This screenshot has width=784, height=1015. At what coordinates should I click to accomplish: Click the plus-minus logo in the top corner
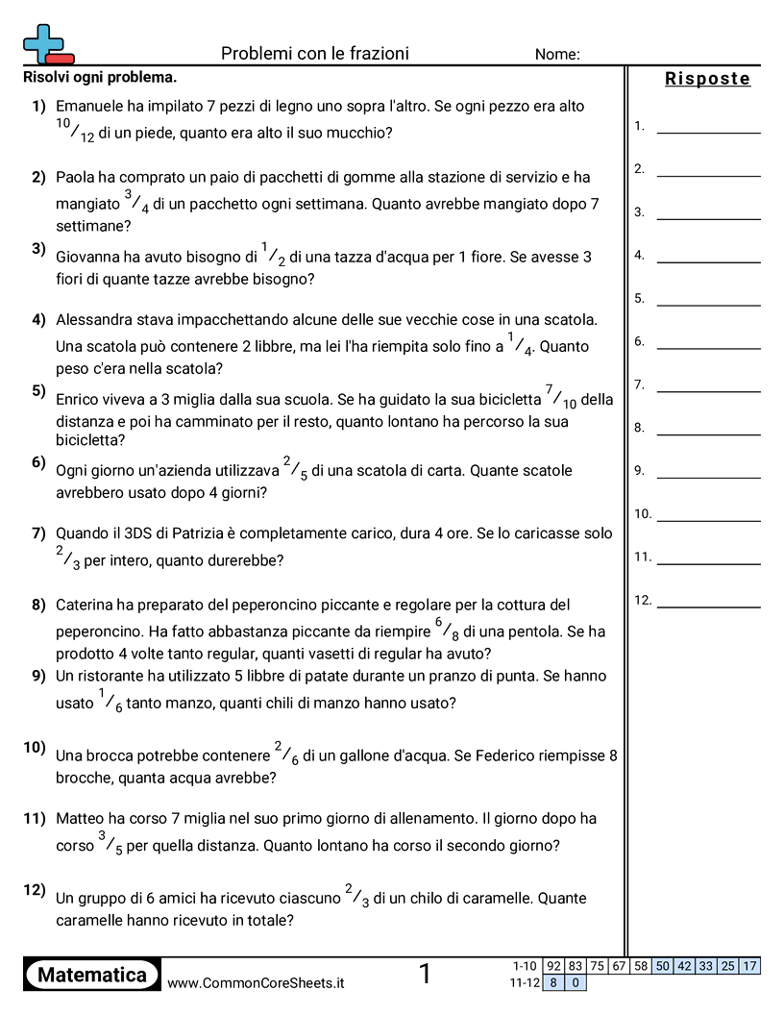coord(47,44)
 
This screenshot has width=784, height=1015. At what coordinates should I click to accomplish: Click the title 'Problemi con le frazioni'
coord(315,53)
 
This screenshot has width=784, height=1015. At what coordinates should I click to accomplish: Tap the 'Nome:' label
coord(557,55)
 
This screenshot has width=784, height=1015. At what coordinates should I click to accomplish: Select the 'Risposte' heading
coord(708,79)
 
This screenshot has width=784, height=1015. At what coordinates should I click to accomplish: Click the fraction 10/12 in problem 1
coord(75,131)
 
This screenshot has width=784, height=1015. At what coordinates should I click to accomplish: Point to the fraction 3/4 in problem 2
coord(135,200)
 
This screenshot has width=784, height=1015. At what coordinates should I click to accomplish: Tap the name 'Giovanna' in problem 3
coord(86,257)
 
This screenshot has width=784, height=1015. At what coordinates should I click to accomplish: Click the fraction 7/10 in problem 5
coord(561,397)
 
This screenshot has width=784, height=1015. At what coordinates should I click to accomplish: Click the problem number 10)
coord(35,747)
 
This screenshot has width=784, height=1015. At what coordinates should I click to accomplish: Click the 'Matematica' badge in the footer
coord(92,975)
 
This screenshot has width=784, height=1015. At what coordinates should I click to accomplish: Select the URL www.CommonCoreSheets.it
coord(256,982)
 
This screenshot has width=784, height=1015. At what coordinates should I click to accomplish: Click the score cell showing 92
coord(553,966)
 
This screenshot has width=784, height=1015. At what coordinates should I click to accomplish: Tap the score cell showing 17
coord(750,966)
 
